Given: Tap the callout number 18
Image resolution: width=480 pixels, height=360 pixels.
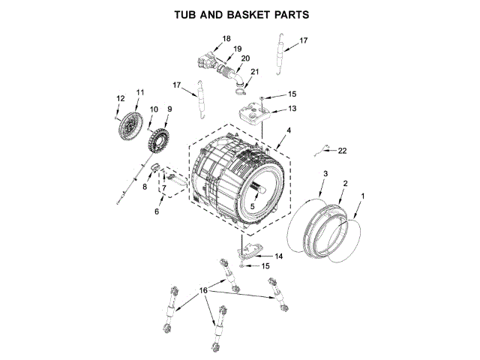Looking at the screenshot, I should coord(226,38).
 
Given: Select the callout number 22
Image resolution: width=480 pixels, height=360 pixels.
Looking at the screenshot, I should coord(342,151).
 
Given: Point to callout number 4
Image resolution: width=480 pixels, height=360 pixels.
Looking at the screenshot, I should coord(289,130).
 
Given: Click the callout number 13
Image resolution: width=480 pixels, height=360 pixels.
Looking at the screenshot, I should coord(292,109).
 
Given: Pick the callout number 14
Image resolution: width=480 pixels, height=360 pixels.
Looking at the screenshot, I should coord(278,256).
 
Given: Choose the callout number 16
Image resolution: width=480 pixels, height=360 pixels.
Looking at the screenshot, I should coord(202,289).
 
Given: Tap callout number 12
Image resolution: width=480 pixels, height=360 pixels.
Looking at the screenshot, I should coord(120,98).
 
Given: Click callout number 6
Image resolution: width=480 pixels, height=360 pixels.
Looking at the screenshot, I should coord(157,212).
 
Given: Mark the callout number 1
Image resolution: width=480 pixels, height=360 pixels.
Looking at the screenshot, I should coord(364,196).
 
